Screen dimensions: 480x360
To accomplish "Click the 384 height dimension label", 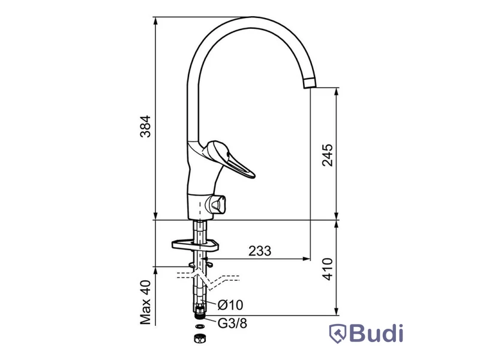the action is tap(145, 126).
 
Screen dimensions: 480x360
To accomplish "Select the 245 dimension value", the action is tap(327, 155).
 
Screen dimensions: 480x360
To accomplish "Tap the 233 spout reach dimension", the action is tap(260, 251).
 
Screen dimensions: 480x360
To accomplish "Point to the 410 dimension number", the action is tap(328, 269).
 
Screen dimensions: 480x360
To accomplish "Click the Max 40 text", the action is tap(146, 302).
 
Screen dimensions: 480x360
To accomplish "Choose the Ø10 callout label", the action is tap(230, 305).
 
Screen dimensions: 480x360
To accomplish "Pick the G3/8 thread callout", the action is tap(232, 323).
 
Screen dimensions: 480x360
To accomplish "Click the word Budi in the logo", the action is tap(376, 333).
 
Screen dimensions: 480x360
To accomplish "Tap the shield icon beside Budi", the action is tap(338, 334).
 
